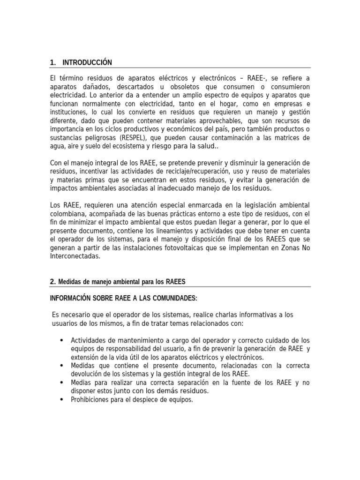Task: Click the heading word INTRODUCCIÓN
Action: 87,62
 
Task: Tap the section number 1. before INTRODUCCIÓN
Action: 53,62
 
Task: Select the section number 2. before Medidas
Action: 53,281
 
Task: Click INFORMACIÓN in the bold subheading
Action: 71,299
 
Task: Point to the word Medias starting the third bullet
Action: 81,382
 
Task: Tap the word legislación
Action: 254,206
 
